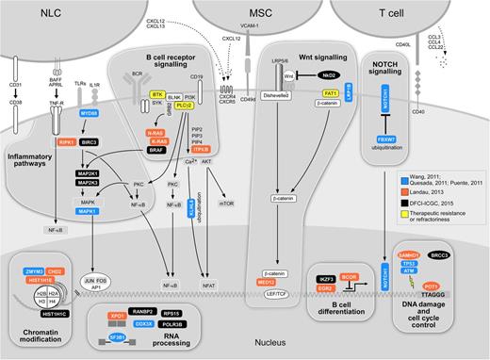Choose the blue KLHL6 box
[192, 202]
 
